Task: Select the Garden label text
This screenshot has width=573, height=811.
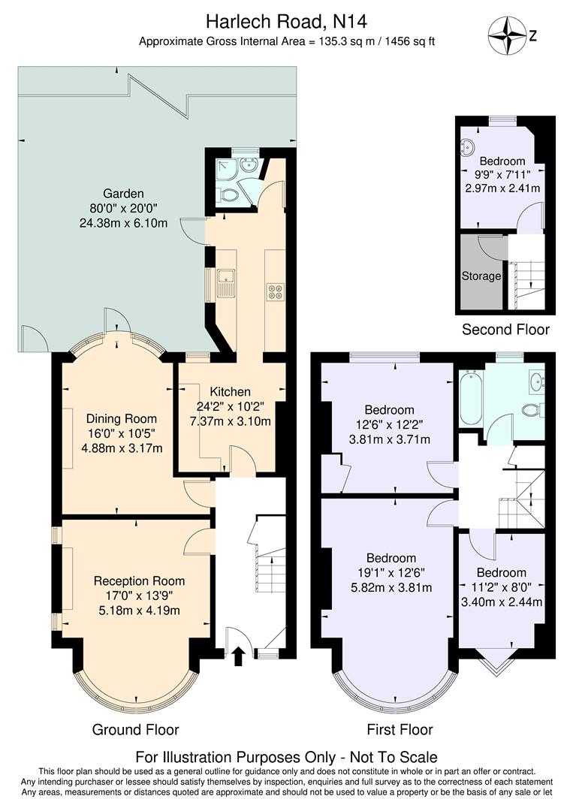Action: click(x=123, y=192)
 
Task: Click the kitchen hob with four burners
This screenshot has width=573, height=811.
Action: click(x=274, y=291)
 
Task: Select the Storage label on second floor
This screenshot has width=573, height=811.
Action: click(x=481, y=276)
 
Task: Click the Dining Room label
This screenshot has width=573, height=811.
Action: click(x=121, y=419)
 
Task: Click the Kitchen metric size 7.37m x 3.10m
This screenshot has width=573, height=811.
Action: click(x=230, y=421)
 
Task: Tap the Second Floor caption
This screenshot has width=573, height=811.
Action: click(x=505, y=329)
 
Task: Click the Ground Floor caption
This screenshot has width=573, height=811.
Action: click(x=135, y=729)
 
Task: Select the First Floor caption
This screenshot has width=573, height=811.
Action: click(x=400, y=729)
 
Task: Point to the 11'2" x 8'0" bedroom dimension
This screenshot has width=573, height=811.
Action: click(x=500, y=587)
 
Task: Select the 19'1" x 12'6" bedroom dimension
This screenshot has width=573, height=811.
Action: click(x=391, y=573)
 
